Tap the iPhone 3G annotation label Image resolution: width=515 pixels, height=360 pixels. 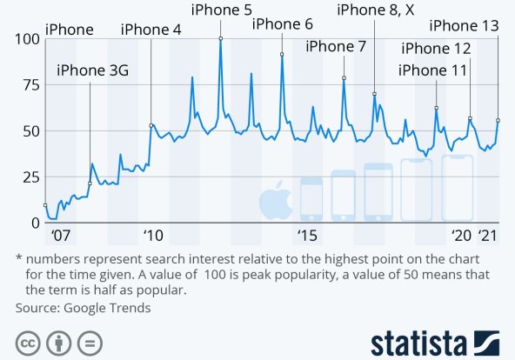pyautogui.click(x=92, y=71)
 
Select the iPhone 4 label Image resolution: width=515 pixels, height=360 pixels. pyautogui.click(x=151, y=30)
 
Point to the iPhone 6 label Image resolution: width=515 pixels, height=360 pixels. pyautogui.click(x=283, y=23)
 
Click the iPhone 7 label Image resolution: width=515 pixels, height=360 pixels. pyautogui.click(x=336, y=46)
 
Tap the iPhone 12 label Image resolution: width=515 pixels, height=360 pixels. pyautogui.click(x=437, y=49)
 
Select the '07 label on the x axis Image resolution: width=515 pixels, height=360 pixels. pyautogui.click(x=60, y=236)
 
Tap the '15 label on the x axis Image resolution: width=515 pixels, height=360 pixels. pyautogui.click(x=306, y=236)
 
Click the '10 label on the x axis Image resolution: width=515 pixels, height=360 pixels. pyautogui.click(x=154, y=236)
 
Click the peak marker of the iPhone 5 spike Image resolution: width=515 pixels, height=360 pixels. pyautogui.click(x=220, y=38)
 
